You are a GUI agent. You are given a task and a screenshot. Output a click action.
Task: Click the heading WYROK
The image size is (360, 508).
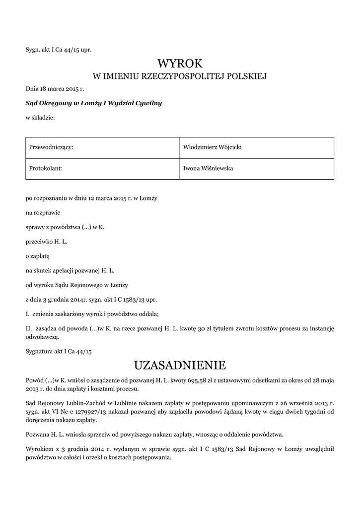[x=180, y=63]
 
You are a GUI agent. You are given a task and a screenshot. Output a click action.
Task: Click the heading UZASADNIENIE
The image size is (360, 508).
[x=180, y=366]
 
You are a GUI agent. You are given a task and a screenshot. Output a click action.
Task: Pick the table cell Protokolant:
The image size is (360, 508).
[x=46, y=168]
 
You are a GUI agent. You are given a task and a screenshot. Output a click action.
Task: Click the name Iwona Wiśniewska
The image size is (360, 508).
[x=208, y=168]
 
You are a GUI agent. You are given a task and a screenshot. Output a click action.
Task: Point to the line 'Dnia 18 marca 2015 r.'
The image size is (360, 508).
[x=55, y=89]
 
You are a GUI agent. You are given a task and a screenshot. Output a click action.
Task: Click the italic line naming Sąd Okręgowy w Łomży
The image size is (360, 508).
[x=94, y=103]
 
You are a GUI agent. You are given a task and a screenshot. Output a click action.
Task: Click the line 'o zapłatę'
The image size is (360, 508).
[x=38, y=256]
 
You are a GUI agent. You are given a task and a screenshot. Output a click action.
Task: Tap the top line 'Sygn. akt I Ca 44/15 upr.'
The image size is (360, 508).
[x=59, y=50]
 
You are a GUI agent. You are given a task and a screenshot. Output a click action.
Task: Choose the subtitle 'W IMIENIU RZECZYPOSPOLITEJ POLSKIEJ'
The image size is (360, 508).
[x=180, y=76]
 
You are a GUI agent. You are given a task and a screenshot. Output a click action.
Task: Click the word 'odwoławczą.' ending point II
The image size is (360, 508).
[x=42, y=337]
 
